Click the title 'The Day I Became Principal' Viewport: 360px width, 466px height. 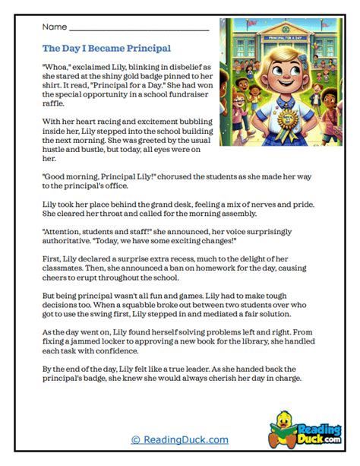[x=106, y=48]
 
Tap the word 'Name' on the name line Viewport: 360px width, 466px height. [x=55, y=27]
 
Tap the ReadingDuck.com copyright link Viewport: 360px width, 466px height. [x=179, y=439]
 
